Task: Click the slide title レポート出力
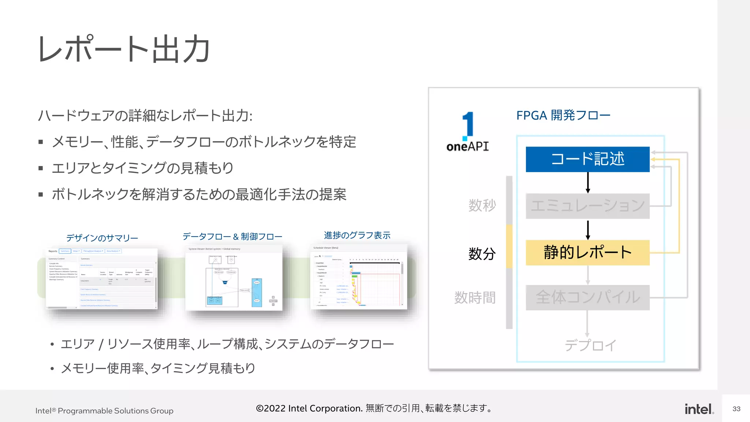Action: pyautogui.click(x=124, y=49)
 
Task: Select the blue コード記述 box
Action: pyautogui.click(x=587, y=159)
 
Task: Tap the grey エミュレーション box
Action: pyautogui.click(x=587, y=206)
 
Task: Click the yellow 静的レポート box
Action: pyautogui.click(x=587, y=252)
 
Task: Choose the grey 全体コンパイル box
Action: pyautogui.click(x=587, y=297)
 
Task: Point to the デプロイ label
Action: pyautogui.click(x=590, y=345)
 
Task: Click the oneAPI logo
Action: pyautogui.click(x=468, y=132)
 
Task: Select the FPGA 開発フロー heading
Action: pyautogui.click(x=563, y=115)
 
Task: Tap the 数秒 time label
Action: pyautogui.click(x=482, y=205)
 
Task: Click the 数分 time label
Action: pyautogui.click(x=482, y=253)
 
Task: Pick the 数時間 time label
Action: pyautogui.click(x=475, y=297)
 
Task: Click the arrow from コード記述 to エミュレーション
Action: pyautogui.click(x=588, y=182)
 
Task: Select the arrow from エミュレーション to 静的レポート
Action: pyautogui.click(x=588, y=230)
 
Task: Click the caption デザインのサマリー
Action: pyautogui.click(x=102, y=238)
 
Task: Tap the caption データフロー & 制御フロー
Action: pyautogui.click(x=232, y=237)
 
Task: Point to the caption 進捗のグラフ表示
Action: pyautogui.click(x=357, y=235)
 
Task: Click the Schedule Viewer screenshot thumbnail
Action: pyautogui.click(x=359, y=277)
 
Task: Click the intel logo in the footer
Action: pyautogui.click(x=699, y=409)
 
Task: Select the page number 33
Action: pyautogui.click(x=736, y=409)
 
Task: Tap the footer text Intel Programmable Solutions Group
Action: pyautogui.click(x=104, y=411)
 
